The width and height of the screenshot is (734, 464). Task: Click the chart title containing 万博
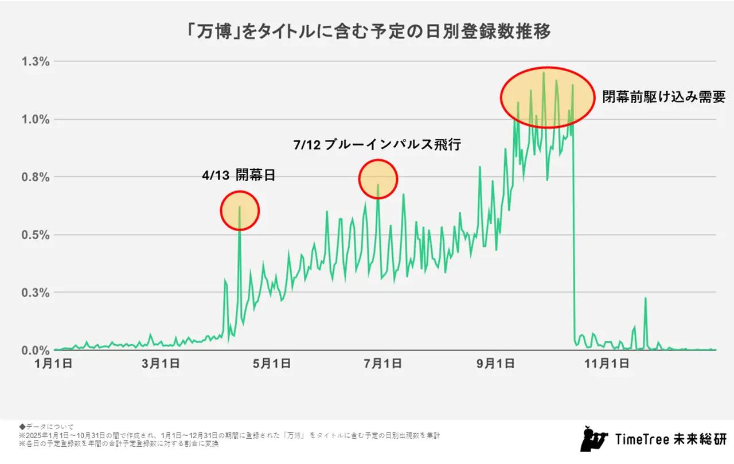click(367, 32)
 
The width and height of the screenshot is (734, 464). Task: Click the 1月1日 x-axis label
click(54, 363)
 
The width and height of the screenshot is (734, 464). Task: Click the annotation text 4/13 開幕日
click(239, 176)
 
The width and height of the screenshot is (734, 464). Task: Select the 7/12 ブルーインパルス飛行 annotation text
click(377, 145)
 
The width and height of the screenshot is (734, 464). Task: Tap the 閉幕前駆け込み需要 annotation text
click(663, 96)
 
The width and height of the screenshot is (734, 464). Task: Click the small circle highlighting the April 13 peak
click(240, 210)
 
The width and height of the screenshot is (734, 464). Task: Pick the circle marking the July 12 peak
click(378, 179)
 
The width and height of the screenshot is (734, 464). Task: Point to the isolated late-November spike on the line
click(645, 299)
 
